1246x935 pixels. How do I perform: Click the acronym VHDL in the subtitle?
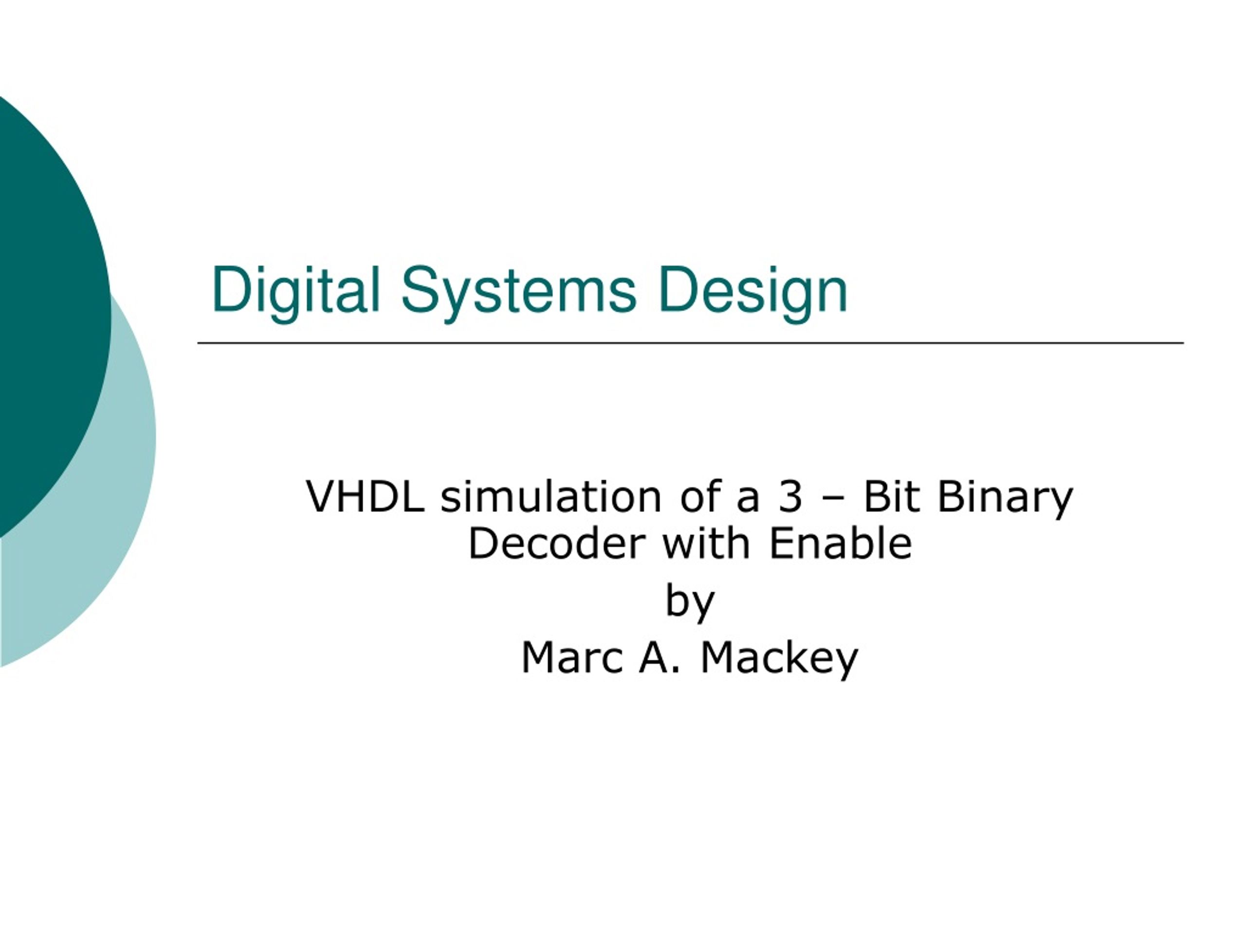(x=365, y=497)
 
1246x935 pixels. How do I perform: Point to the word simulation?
(x=551, y=497)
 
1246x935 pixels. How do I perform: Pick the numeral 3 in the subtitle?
(x=790, y=497)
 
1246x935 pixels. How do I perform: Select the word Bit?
(x=892, y=497)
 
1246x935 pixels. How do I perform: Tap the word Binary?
(x=1005, y=499)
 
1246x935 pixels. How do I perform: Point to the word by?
(x=690, y=603)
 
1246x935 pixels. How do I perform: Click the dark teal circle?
(x=51, y=316)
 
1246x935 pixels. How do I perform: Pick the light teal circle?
(x=112, y=507)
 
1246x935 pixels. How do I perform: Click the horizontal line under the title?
(x=691, y=343)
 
